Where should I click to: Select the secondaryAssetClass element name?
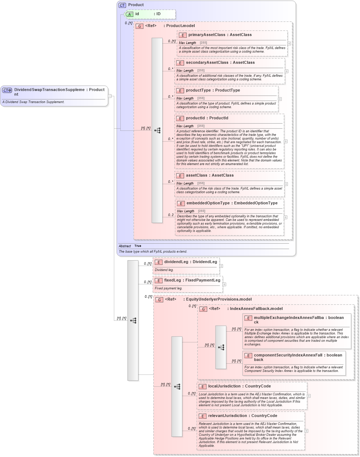207,63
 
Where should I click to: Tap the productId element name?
195,118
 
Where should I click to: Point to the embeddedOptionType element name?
208,203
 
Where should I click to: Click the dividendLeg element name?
176,262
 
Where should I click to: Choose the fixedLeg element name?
173,280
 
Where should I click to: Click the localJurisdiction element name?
224,386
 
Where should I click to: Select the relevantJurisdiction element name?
227,416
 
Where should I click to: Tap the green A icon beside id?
129,14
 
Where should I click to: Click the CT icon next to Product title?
122,5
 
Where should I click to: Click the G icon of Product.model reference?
139,26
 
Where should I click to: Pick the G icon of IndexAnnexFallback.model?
203,309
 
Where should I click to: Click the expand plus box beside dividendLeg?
221,266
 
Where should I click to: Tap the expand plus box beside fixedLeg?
224,284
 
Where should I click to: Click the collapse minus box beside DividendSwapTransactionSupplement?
110,96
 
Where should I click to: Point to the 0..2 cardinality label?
170,215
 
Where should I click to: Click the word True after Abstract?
138,246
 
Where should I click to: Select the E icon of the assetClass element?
180,176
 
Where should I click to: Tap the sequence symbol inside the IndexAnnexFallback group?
221,347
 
